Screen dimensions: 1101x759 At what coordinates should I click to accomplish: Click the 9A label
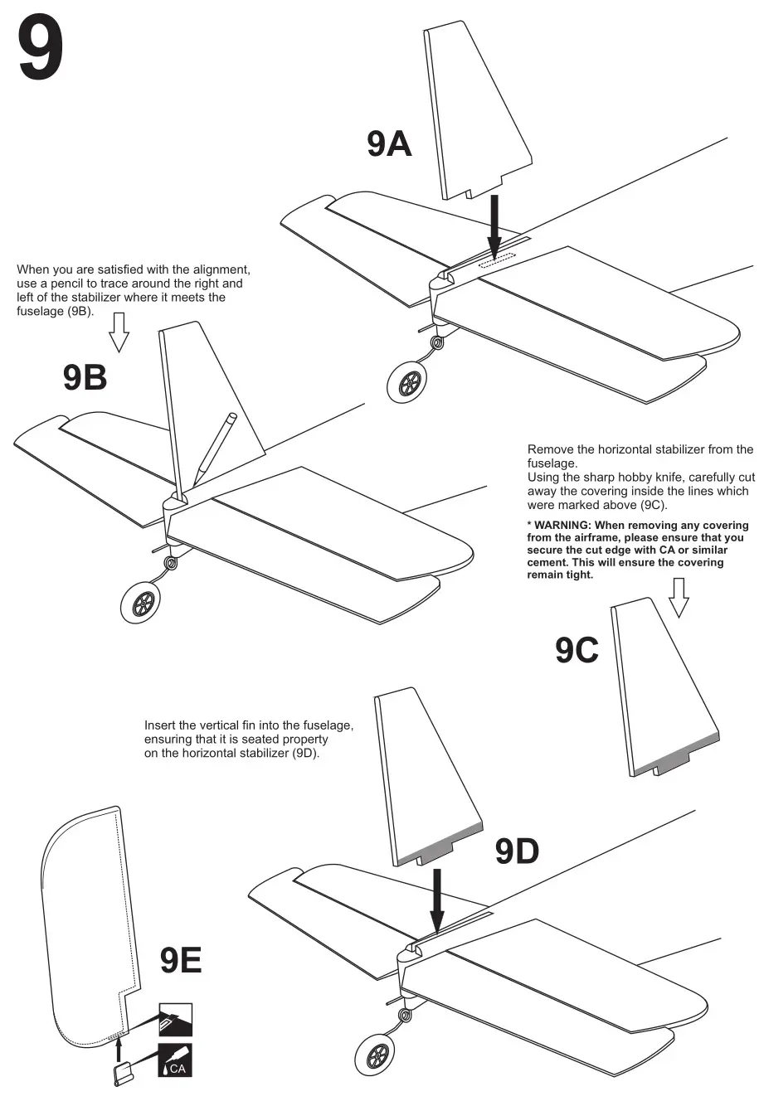click(389, 144)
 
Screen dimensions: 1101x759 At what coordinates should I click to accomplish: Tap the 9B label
click(85, 378)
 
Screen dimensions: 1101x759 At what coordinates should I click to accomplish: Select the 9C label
click(577, 651)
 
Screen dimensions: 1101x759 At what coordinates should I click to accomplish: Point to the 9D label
click(517, 851)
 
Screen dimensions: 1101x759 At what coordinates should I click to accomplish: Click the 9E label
click(181, 961)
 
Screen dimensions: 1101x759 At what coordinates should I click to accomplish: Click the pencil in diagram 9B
click(215, 448)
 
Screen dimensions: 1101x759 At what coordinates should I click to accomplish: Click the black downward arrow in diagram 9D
click(437, 900)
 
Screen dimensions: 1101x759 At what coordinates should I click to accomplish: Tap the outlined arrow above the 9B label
click(119, 332)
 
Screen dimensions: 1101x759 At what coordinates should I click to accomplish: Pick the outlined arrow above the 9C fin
click(679, 598)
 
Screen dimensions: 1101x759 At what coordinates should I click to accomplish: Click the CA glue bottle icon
click(175, 1061)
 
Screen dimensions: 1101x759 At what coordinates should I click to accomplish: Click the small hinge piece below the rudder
click(121, 1075)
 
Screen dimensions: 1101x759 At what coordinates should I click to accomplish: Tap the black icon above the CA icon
click(175, 1019)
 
